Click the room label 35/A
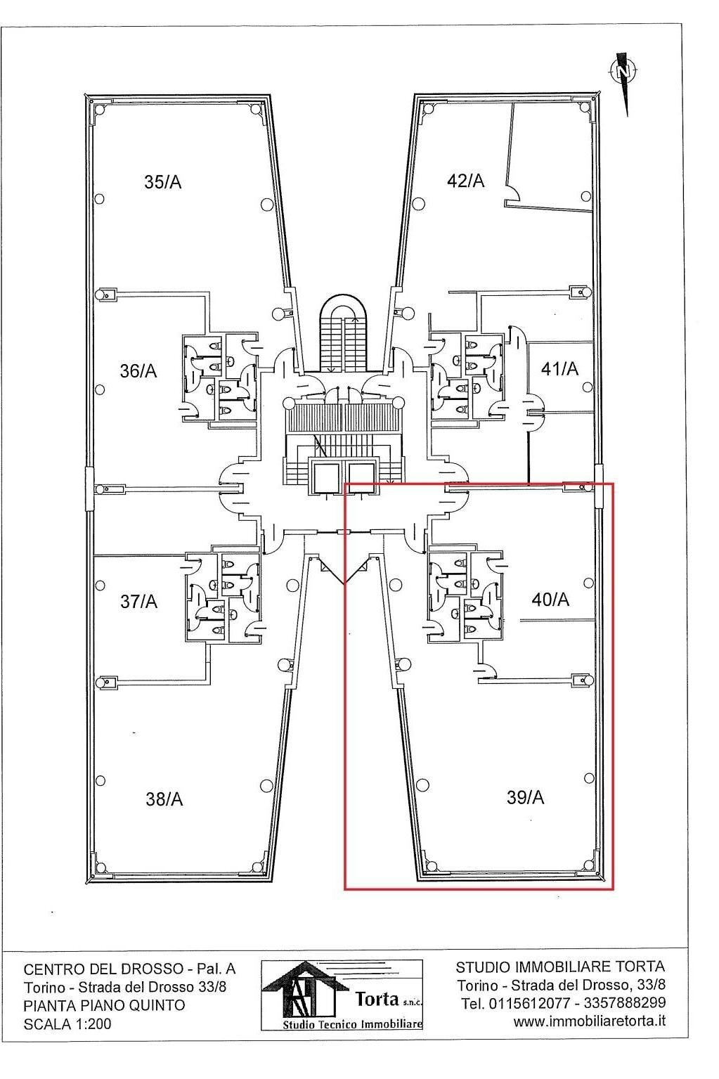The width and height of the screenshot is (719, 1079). point(162,182)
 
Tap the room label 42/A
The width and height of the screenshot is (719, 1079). point(465,181)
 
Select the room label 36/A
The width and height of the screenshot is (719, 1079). point(138,370)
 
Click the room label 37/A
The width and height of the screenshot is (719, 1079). point(138,602)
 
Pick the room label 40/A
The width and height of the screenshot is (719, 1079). point(550,600)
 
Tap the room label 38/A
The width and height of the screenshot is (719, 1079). point(164,799)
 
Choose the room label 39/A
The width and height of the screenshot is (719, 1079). point(525,797)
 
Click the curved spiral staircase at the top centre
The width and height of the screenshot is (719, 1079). point(344,330)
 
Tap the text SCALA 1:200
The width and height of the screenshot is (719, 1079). point(67,1024)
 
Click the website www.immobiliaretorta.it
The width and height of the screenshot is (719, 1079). point(589,1021)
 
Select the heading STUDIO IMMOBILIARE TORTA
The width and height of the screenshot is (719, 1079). point(560,967)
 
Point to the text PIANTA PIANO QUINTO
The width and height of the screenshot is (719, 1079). point(104,1005)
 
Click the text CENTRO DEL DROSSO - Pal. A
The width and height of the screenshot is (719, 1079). point(129,969)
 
